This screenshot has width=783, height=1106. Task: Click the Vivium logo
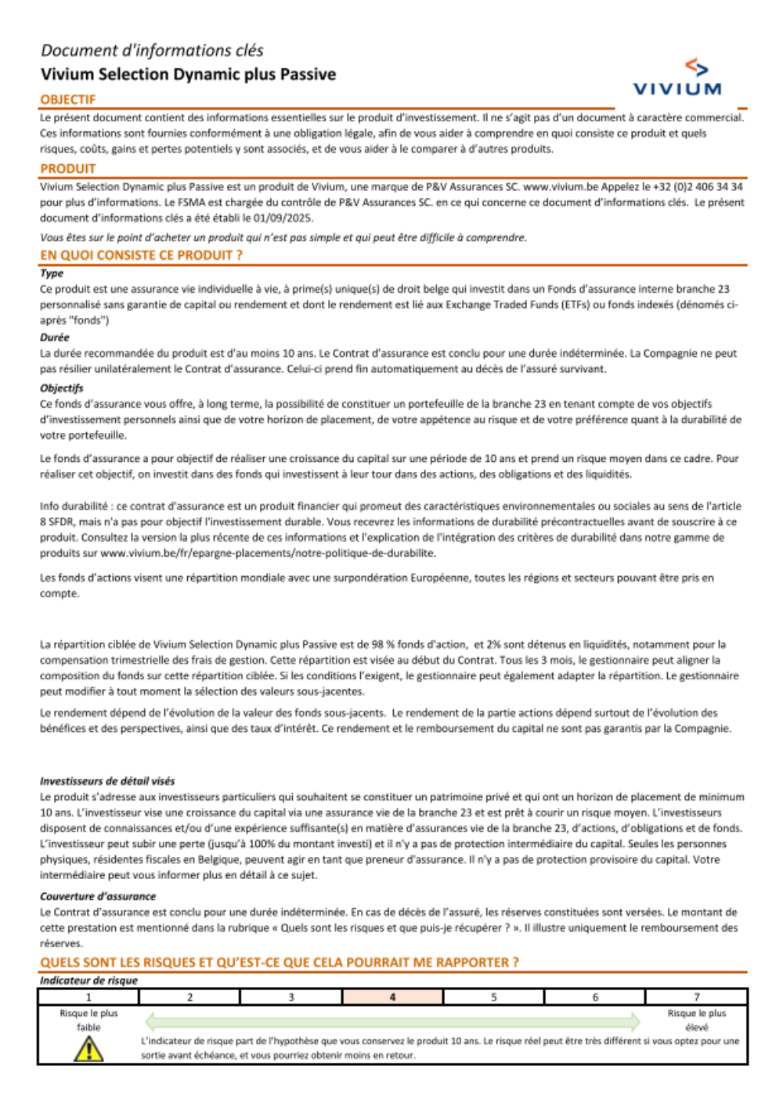coord(677,78)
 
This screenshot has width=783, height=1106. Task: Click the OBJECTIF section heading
coord(68,99)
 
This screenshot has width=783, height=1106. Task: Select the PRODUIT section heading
coord(68,168)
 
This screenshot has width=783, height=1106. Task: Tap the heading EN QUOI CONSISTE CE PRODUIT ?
coord(141,255)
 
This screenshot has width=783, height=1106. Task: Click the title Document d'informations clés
coord(152,51)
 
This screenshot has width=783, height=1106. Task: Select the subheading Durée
coord(55,337)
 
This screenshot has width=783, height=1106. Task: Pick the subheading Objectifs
coord(62,388)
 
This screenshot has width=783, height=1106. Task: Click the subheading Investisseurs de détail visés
coord(107,781)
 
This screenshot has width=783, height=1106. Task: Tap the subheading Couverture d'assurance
coord(98,896)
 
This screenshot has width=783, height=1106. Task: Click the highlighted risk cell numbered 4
coord(392,997)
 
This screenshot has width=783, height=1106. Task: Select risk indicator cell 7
coord(696,997)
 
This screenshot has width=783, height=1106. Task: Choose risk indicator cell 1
coord(88,997)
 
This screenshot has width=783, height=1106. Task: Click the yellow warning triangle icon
coord(88,1049)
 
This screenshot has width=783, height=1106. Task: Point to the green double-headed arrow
coord(392,1021)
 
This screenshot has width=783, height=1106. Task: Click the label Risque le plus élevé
coord(696,1020)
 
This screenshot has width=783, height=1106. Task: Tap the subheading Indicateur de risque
coord(88,981)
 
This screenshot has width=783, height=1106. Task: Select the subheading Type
coord(52,273)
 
